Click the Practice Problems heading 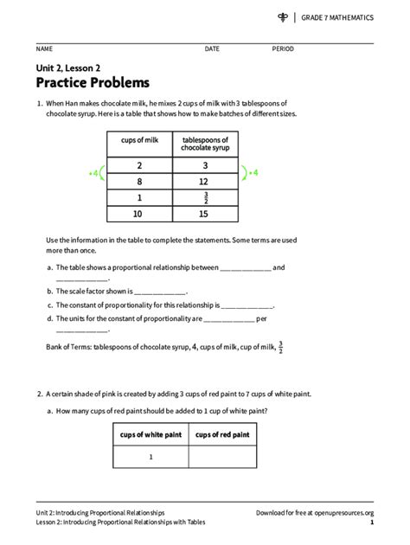pyautogui.click(x=93, y=83)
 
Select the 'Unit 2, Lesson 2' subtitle pyautogui.click(x=67, y=66)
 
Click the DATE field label pyautogui.click(x=212, y=49)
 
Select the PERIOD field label pyautogui.click(x=283, y=49)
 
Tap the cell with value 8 pyautogui.click(x=139, y=182)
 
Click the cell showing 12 pyautogui.click(x=204, y=182)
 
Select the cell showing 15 pyautogui.click(x=204, y=214)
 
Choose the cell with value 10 pyautogui.click(x=139, y=214)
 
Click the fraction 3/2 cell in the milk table pyautogui.click(x=204, y=198)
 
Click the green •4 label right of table pyautogui.click(x=253, y=173)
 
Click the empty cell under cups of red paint pyautogui.click(x=222, y=457)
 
